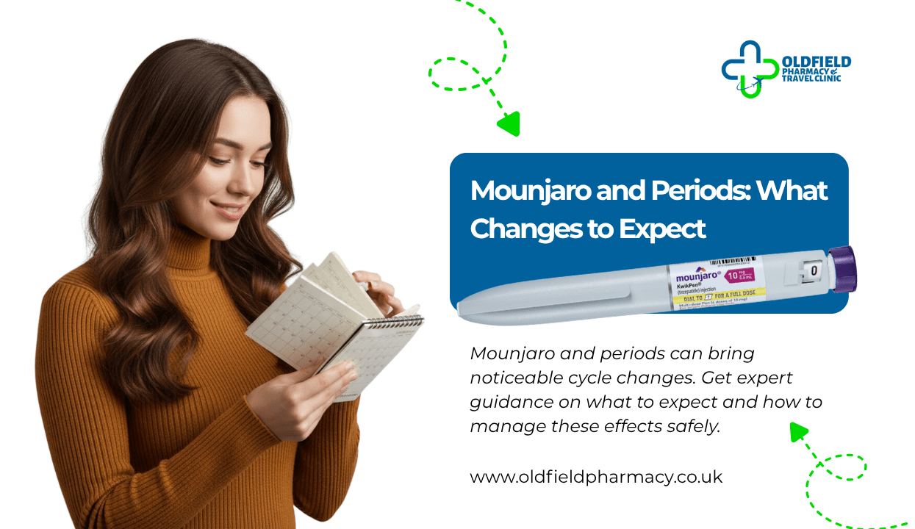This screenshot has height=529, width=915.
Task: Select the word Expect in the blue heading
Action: point(661,228)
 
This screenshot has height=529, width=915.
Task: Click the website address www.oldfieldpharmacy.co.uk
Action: point(596,477)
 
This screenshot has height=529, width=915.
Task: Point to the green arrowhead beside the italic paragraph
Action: point(798,431)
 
